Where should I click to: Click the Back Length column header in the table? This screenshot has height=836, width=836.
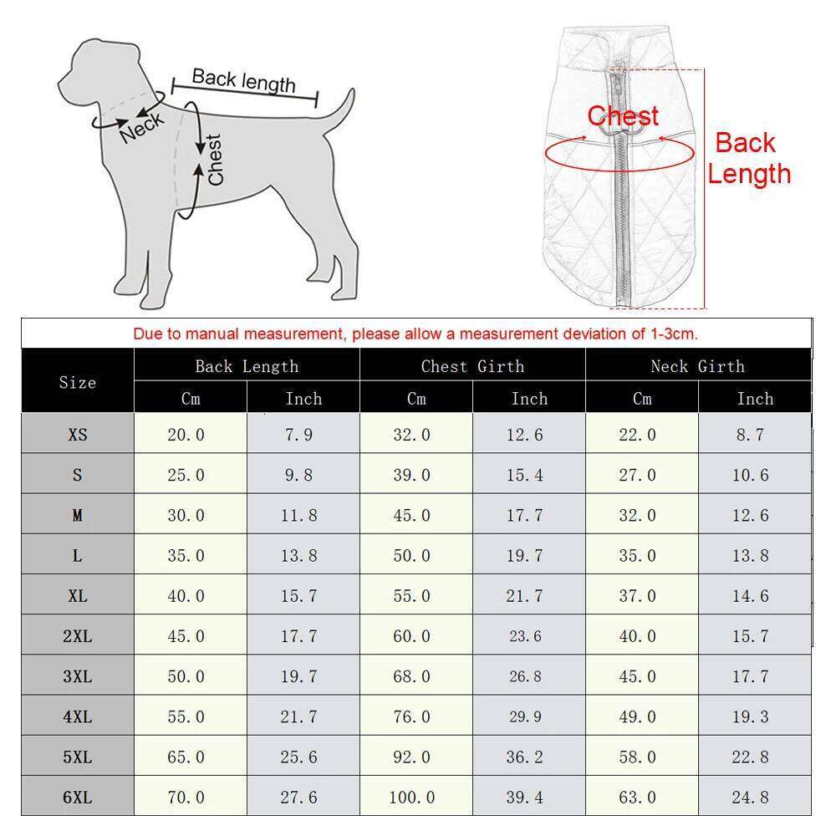coord(247,366)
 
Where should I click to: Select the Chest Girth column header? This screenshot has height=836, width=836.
coord(472,366)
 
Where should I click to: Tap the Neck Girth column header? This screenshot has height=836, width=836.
coord(697,366)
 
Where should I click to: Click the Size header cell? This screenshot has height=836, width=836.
coord(78,382)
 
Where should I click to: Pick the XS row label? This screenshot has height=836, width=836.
coord(78,435)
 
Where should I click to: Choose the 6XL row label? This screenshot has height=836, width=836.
coord(78,797)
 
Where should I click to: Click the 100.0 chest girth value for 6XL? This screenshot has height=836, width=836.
coord(412,797)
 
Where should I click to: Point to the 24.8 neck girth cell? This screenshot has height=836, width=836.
coord(750,797)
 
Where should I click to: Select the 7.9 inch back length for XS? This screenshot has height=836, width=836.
coord(298,435)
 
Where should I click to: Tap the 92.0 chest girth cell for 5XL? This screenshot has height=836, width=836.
coord(412,757)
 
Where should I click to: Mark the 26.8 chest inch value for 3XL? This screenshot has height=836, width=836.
coord(525,676)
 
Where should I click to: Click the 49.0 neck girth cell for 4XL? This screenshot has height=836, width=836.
coord(638,716)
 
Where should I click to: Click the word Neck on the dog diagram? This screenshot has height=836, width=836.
coord(142,128)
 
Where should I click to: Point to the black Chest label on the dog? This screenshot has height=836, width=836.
coord(215,160)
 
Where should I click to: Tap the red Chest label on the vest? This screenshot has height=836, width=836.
coord(623,116)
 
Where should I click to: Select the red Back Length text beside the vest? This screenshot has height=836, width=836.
coord(747,158)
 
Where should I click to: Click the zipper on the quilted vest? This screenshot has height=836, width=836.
coord(621,209)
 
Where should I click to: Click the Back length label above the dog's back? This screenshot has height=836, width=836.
coord(243,80)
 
